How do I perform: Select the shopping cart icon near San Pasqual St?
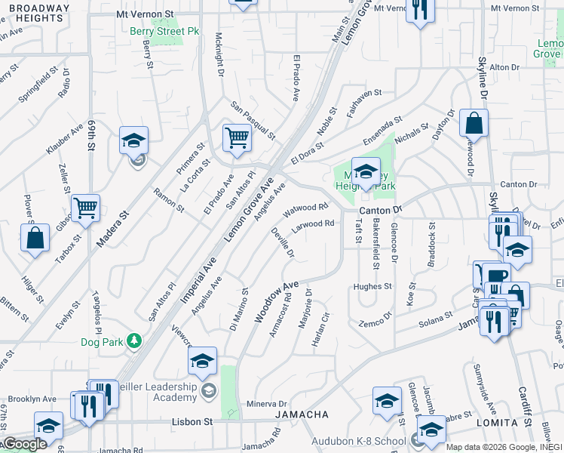[x=237, y=138]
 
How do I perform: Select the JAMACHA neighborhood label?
[x=301, y=414]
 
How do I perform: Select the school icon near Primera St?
[x=133, y=140]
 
